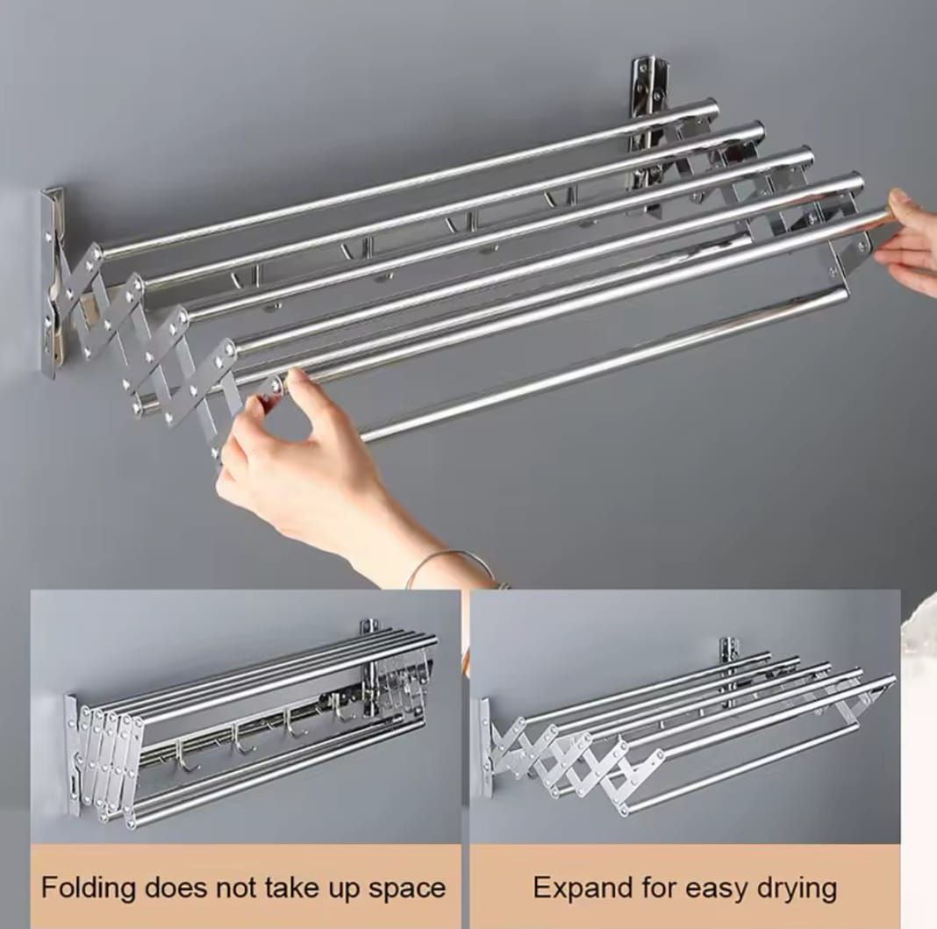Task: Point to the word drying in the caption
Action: [x=798, y=889]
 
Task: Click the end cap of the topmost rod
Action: [x=712, y=108]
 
